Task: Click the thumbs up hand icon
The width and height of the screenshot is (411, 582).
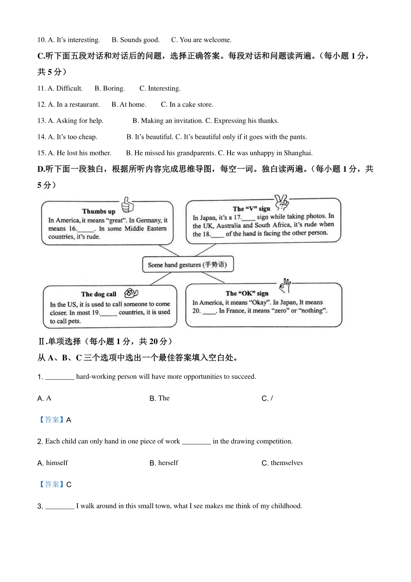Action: coord(127,205)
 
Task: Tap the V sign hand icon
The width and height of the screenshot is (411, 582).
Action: coord(282,202)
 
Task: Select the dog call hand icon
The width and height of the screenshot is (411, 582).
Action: coord(131,293)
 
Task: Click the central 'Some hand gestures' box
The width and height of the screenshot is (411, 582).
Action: coord(188,265)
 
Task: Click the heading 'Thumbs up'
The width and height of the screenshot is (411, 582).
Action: coord(99,211)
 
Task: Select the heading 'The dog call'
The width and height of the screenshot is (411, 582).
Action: coord(99,294)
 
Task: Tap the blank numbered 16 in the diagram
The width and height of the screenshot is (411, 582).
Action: coord(86,229)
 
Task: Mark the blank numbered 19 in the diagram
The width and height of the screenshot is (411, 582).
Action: coord(109,313)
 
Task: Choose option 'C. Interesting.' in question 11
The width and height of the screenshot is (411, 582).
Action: coord(160,88)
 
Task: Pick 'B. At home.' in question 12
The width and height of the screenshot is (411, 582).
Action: coord(129,105)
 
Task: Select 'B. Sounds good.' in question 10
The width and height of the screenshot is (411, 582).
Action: coord(136,40)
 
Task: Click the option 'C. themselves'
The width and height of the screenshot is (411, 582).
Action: coord(282,463)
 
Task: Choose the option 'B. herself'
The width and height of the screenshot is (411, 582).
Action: coord(164,463)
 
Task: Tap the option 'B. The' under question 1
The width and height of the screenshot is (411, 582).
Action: coord(160,398)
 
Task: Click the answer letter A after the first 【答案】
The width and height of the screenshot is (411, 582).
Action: coord(69,420)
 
